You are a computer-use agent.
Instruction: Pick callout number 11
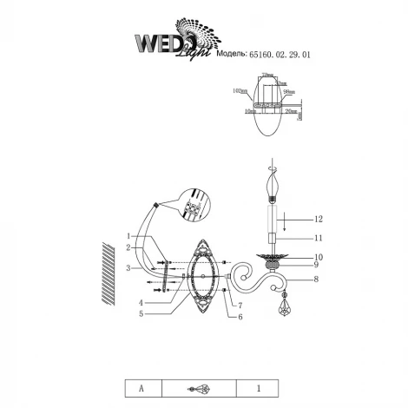click(318, 237)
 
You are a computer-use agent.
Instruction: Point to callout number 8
click(318, 279)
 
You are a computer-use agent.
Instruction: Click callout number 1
click(128, 236)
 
